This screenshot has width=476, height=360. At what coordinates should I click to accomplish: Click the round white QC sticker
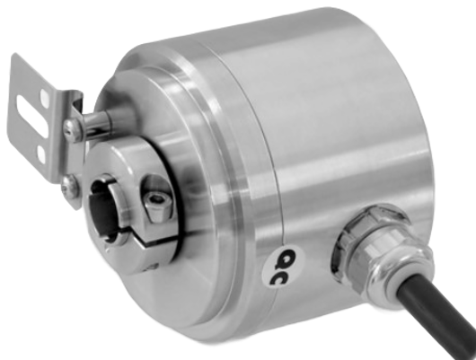(x=283, y=267)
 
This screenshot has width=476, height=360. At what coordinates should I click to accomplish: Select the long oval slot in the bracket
(x=31, y=116)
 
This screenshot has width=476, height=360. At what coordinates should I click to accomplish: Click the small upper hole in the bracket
(x=45, y=98)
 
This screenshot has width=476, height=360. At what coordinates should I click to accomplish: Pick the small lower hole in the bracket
(x=41, y=154)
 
